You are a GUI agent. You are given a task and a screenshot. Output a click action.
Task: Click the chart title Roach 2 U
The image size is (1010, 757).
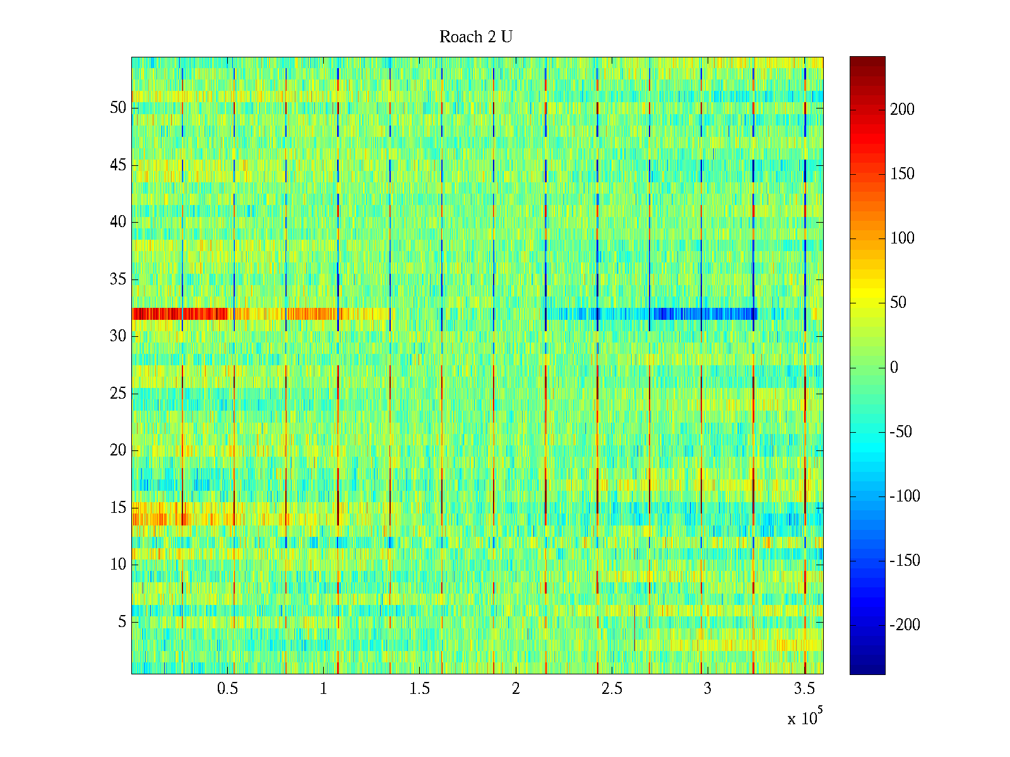click(476, 37)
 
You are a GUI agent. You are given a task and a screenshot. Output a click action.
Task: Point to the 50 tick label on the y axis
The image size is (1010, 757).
click(118, 108)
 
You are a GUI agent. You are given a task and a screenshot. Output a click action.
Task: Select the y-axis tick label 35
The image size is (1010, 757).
click(118, 279)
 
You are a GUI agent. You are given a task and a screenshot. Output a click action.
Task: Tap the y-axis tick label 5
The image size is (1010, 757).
click(122, 622)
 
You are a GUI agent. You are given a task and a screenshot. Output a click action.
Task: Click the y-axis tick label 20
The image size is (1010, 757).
click(118, 450)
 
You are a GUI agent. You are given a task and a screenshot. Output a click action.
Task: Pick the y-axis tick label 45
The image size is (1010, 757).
click(118, 165)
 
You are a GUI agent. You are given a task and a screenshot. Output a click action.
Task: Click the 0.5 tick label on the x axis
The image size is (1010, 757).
click(227, 689)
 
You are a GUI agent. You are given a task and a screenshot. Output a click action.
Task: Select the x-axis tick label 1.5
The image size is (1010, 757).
click(420, 689)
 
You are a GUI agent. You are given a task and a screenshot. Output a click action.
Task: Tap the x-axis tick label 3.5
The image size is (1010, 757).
click(804, 689)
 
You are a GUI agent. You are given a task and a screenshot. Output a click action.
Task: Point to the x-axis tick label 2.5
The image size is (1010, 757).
click(612, 689)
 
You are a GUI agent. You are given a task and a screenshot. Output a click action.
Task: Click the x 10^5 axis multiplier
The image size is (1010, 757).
click(805, 718)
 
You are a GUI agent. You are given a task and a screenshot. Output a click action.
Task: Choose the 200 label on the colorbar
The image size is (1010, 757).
click(902, 110)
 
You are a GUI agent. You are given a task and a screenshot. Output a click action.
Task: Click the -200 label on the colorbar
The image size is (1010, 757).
click(905, 625)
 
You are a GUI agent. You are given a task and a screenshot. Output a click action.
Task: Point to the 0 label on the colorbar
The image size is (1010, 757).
click(894, 368)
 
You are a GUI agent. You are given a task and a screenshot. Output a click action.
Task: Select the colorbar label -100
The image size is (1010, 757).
click(905, 496)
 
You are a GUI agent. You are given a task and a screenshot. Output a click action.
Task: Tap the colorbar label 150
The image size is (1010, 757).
click(902, 174)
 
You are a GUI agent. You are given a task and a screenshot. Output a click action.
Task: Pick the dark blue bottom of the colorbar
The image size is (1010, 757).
click(867, 669)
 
